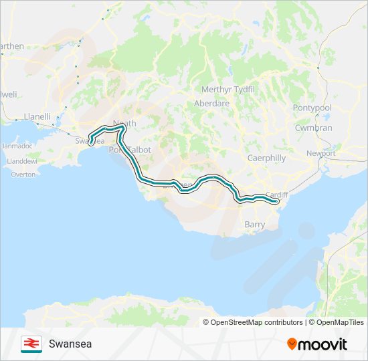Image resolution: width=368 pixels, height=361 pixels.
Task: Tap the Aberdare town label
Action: (211, 104)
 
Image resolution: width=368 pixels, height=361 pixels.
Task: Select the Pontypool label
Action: (312, 108)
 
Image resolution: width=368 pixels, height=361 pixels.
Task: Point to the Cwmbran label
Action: (314, 128)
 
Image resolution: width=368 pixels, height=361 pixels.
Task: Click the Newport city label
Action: (321, 153)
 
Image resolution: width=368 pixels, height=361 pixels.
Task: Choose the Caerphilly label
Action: (266, 158)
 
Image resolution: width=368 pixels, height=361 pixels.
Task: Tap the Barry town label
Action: (255, 225)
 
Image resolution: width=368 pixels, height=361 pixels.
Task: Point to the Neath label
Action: (125, 124)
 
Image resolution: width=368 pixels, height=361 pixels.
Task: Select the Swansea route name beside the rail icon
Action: (70, 344)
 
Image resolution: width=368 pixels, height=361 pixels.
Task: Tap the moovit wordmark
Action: (323, 344)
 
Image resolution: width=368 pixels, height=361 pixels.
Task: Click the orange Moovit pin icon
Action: (292, 344)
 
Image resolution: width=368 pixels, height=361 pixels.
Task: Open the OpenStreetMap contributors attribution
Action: (256, 322)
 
